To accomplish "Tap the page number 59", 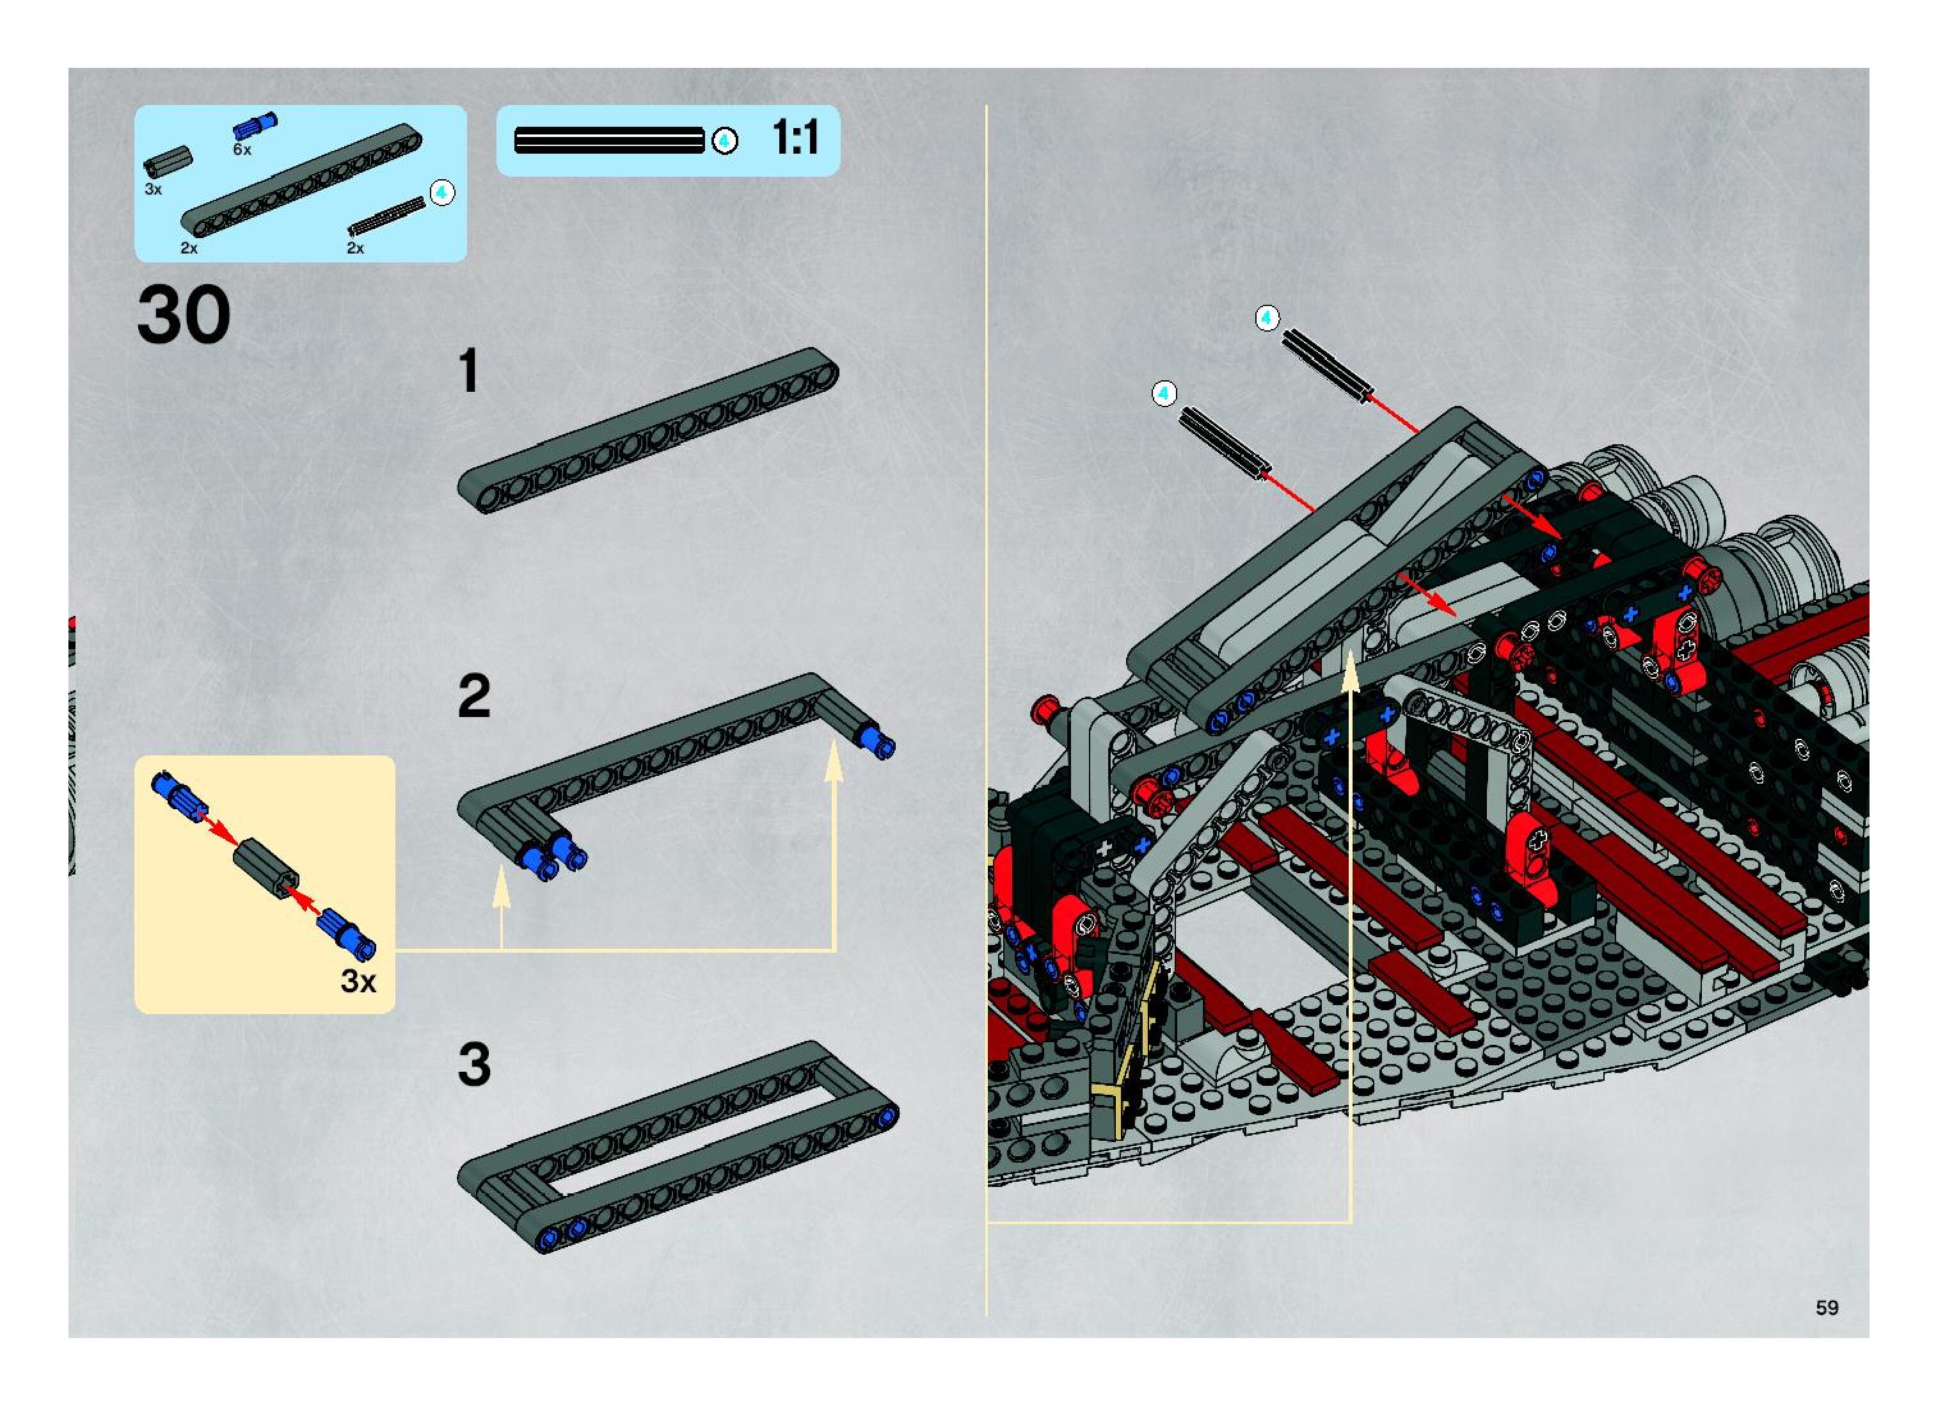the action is [1827, 1307].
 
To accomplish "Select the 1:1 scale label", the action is [795, 138].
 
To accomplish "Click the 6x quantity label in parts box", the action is [242, 150].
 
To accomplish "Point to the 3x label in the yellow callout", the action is [358, 981].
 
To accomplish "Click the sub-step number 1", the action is [468, 371].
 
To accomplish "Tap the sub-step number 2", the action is [474, 697].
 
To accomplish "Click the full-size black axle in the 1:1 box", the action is [609, 140].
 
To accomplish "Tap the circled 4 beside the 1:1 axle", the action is [724, 141].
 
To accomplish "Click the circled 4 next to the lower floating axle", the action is [1164, 394].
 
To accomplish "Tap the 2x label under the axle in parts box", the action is [355, 248].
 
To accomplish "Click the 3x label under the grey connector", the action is [153, 189].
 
